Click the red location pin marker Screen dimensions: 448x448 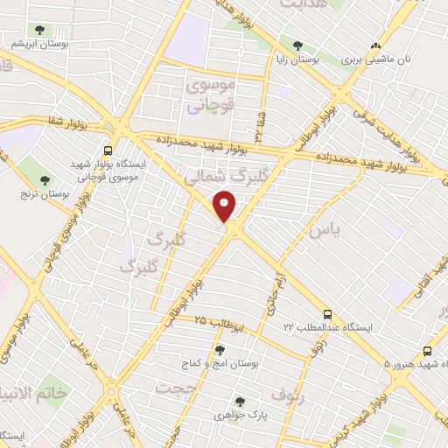pyautogui.click(x=226, y=206)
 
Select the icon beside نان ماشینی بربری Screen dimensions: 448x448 pyautogui.click(x=376, y=45)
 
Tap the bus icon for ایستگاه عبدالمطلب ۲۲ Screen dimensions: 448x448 pyautogui.click(x=327, y=312)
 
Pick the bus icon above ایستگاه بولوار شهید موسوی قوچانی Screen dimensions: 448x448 pyautogui.click(x=108, y=150)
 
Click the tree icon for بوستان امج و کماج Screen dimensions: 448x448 pyautogui.click(x=219, y=350)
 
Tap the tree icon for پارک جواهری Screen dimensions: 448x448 pyautogui.click(x=240, y=402)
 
